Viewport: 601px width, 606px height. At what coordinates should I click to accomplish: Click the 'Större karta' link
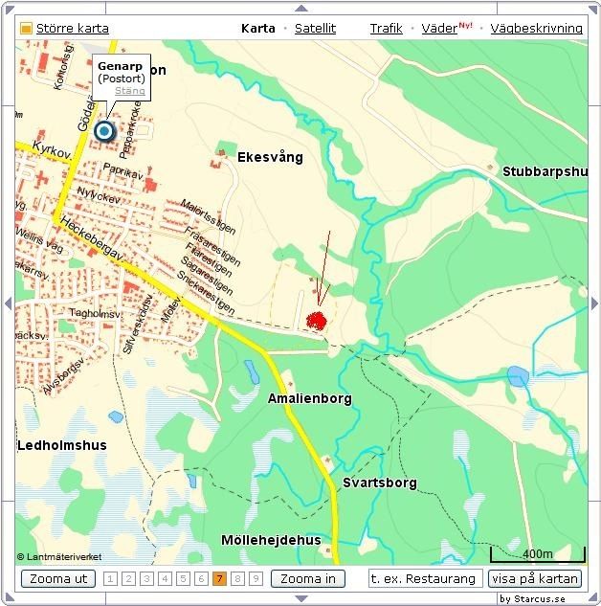coord(72,29)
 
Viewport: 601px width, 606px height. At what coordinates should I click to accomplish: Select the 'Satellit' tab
coord(315,29)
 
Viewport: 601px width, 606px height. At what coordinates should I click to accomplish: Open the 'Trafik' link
coord(387,29)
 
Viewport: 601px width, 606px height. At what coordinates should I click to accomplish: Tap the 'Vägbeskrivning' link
coord(536,29)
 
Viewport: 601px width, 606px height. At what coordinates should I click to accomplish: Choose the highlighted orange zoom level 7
coord(219,578)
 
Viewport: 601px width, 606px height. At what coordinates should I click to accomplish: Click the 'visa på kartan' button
coord(535,578)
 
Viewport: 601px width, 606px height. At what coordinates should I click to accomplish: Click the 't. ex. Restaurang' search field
coord(425,578)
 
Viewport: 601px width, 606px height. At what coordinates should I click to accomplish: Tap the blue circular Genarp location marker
coord(103,132)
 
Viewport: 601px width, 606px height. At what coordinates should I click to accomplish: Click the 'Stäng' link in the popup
coord(129,91)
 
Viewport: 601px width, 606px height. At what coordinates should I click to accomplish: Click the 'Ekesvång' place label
coord(270,157)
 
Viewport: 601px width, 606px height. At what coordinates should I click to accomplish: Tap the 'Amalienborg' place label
coord(310,398)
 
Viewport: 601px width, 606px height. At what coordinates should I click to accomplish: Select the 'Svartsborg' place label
coord(380,483)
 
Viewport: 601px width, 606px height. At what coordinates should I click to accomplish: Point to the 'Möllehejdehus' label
coord(271,540)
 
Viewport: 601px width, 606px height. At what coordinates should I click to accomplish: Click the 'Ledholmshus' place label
coord(62,445)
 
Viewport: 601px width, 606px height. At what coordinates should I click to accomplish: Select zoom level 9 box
coord(256,578)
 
